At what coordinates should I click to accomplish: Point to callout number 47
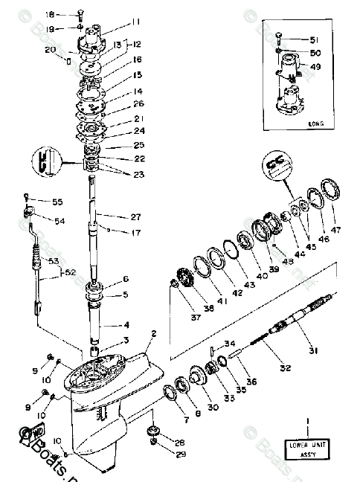pos(336,229)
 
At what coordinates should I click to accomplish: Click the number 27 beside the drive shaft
pos(135,218)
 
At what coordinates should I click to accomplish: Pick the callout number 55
pos(57,202)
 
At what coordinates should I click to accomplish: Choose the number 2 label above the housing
pos(154,334)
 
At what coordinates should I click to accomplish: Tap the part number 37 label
pos(177,318)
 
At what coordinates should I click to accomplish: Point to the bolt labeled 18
pos(80,14)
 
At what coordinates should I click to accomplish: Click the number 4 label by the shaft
pos(126,325)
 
